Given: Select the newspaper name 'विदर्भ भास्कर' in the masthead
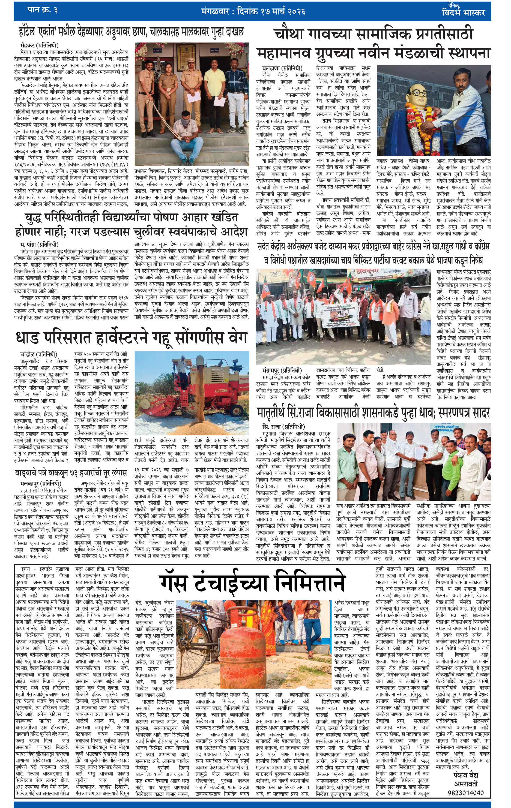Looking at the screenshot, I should point(463,13).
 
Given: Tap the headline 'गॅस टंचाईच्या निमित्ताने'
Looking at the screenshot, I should point(252,583).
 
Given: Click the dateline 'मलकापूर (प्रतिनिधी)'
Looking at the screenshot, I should point(41,484).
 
